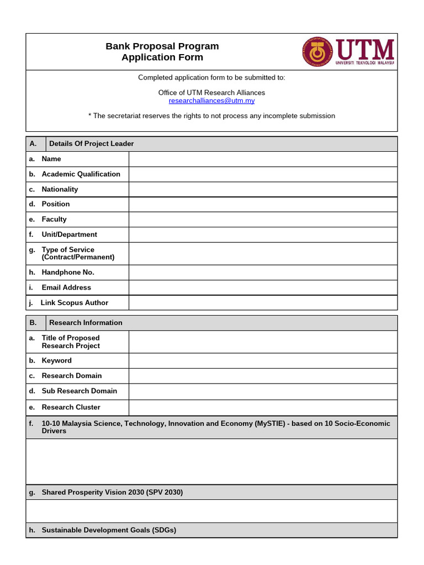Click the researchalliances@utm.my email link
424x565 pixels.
tap(211, 101)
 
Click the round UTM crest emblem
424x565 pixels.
tap(317, 52)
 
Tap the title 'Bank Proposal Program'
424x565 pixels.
tap(162, 46)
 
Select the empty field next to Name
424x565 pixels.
tap(263, 159)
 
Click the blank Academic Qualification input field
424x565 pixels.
tap(263, 174)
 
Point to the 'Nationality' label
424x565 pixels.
tap(60, 189)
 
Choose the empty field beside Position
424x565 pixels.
tap(263, 204)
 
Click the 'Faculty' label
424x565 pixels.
tap(54, 219)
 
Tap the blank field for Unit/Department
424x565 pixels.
tap(263, 234)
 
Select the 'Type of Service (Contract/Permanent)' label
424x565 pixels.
tap(78, 253)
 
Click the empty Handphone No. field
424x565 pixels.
tap(263, 273)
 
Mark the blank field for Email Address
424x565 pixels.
tap(263, 287)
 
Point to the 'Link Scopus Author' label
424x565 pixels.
tap(75, 303)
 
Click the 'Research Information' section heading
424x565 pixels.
tap(86, 323)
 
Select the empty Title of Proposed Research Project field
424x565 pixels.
tap(263, 342)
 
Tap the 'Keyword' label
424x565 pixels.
tap(56, 361)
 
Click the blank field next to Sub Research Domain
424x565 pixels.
tap(263, 392)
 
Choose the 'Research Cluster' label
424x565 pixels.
tap(71, 407)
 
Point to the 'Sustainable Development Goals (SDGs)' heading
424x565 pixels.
tap(109, 530)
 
